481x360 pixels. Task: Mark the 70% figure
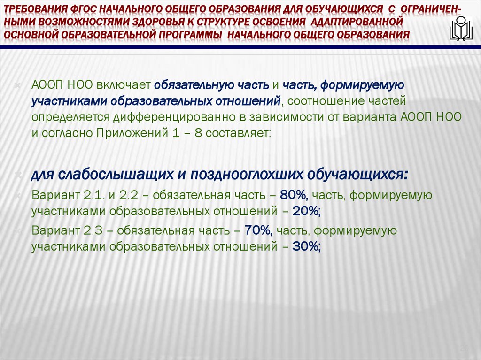coord(257,230)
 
